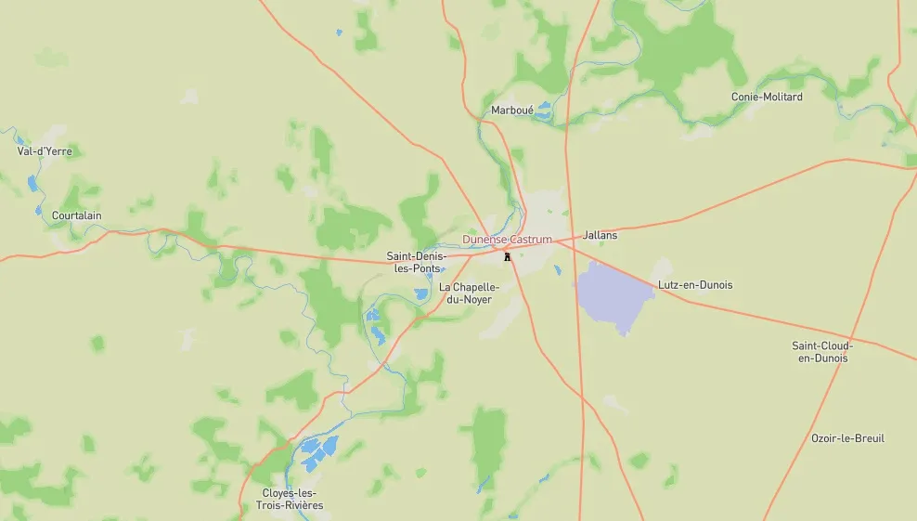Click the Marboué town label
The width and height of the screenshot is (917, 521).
point(512,111)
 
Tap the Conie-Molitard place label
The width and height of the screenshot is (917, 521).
point(767,97)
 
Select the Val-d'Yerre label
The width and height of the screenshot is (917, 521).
point(45,150)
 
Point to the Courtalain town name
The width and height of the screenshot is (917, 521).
point(77,215)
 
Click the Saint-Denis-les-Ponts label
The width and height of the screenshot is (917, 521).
point(417,262)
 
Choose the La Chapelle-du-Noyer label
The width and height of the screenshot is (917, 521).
point(469,293)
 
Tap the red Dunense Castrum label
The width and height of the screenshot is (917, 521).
point(507,240)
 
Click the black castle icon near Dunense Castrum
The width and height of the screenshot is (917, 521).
point(507,255)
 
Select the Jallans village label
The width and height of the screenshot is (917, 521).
point(600,236)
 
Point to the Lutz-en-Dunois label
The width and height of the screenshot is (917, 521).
point(694,285)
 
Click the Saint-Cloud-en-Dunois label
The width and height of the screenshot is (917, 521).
point(822,352)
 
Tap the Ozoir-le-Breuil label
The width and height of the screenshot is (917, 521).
point(847,438)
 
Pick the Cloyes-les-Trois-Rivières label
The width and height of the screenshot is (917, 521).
point(290,499)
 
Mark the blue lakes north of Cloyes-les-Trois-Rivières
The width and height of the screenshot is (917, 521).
point(318,450)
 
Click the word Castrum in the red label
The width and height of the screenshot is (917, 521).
point(532,240)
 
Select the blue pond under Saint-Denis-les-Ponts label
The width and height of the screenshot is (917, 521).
point(421,293)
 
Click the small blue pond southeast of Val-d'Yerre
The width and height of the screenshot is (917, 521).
point(34,182)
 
